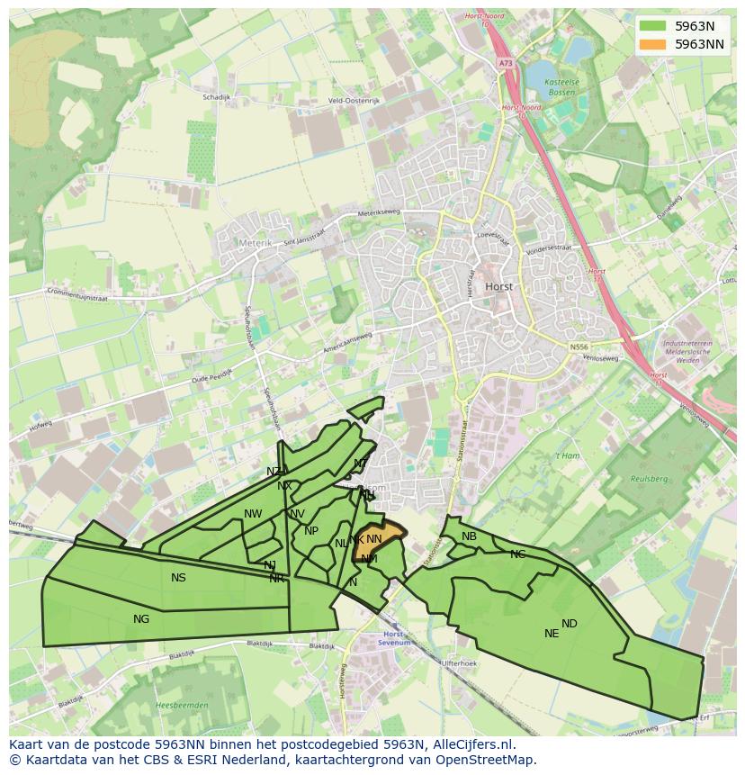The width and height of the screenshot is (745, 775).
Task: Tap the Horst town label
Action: [x=498, y=286]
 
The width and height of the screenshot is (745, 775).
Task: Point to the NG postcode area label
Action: [x=141, y=618]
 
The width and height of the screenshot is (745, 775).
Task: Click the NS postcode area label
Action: [x=178, y=577]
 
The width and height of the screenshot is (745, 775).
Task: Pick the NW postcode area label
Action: [x=253, y=514]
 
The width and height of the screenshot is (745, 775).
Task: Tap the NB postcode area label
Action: [x=469, y=536]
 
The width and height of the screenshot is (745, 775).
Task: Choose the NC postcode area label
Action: [x=517, y=554]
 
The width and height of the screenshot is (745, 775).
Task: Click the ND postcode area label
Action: [x=570, y=623]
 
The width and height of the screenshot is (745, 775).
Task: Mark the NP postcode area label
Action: [x=311, y=530]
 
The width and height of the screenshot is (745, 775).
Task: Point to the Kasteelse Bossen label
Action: [x=564, y=87]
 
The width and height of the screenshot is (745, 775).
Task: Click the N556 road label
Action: [x=579, y=346]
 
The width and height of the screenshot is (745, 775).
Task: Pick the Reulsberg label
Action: [x=646, y=478]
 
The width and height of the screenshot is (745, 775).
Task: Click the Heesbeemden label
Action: [x=182, y=705]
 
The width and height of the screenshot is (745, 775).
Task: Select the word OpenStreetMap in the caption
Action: [x=494, y=759]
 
